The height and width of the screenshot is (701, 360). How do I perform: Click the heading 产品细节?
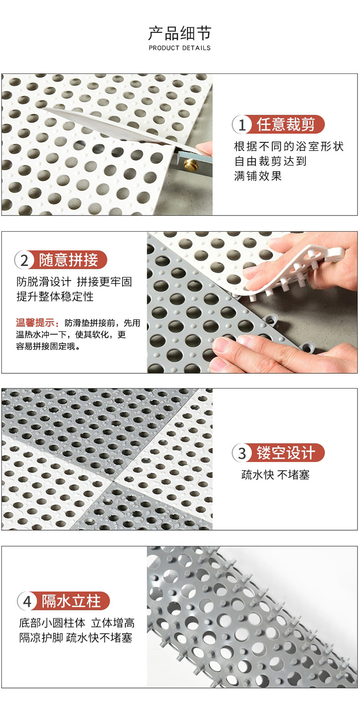coord(180,34)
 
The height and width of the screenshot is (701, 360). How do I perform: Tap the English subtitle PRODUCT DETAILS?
coord(180,48)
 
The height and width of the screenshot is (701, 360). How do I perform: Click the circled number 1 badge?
coord(241,125)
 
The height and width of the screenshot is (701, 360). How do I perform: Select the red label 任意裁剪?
coord(286,124)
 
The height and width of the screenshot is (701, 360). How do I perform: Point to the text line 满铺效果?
coord(258,176)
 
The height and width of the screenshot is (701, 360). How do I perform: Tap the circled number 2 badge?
coord(24,260)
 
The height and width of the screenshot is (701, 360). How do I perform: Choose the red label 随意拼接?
coord(69,260)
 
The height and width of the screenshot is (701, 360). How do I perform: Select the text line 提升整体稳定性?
coord(55,297)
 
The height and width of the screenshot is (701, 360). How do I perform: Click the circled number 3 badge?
coord(241,453)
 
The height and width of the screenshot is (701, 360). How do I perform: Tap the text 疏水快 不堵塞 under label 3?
coord(276,475)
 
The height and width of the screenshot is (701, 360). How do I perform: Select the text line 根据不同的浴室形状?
coord(288,146)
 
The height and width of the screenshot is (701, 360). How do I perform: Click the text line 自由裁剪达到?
coord(270,161)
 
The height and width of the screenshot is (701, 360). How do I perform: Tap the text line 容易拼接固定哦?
coord(48,346)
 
